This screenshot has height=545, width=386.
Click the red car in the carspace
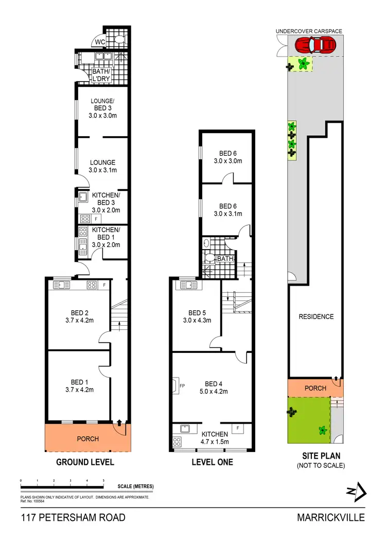click(314, 46)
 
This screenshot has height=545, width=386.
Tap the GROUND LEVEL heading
click(85, 462)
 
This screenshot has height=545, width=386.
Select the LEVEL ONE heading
click(212, 462)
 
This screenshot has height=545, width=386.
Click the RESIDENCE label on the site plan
click(316, 316)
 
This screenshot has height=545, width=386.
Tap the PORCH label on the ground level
click(87, 439)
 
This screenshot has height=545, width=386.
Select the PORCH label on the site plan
click(315, 388)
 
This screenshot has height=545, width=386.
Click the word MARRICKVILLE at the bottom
click(330, 517)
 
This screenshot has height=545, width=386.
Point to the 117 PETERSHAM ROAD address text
click(73, 517)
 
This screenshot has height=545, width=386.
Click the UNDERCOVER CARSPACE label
click(309, 31)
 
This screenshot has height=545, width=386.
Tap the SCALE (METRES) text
click(135, 486)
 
